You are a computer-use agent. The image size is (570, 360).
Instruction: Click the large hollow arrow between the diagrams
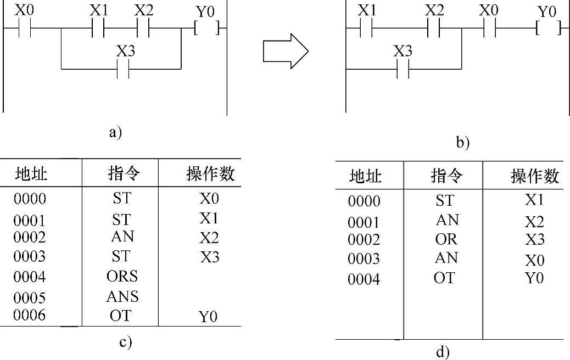[x=285, y=52]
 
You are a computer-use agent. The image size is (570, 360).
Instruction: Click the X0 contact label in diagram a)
[x=24, y=9]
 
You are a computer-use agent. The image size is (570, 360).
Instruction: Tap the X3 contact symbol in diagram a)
[x=124, y=69]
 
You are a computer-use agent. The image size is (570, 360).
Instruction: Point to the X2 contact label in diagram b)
[x=434, y=10]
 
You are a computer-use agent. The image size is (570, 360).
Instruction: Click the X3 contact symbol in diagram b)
[x=403, y=69]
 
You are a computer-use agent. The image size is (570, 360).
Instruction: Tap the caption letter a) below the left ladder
[x=115, y=132]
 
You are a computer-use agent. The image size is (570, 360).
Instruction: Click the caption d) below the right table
[x=443, y=352]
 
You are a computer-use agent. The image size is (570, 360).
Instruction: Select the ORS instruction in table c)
[x=122, y=276]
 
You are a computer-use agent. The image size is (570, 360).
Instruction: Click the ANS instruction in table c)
[x=122, y=297]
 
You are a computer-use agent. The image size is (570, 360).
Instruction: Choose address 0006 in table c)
[x=30, y=316]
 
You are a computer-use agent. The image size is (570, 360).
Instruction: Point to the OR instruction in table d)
[x=445, y=239]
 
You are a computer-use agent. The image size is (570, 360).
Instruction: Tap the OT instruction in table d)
[x=444, y=278]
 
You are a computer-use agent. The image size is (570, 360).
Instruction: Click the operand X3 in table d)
[x=534, y=239]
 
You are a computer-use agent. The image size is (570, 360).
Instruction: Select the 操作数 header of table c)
[x=210, y=175]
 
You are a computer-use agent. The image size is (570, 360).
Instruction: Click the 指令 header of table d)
[x=446, y=176]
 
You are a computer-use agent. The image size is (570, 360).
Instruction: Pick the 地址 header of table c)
[x=31, y=175]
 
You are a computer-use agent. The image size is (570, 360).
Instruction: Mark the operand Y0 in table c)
[x=208, y=317]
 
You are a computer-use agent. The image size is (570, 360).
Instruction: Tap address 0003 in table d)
[x=364, y=259]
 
